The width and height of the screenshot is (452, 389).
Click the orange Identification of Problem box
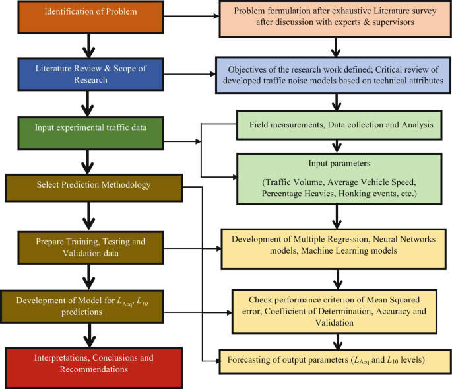coord(85,13)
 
